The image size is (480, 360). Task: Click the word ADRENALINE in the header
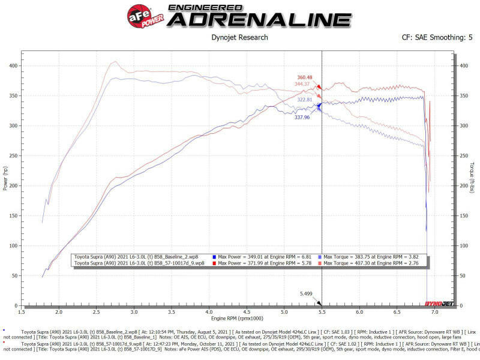point(259,19)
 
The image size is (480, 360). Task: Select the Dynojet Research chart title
point(239,38)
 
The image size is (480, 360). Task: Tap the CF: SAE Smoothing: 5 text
point(437,38)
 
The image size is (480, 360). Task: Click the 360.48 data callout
point(305,77)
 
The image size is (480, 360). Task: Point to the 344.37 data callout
point(305,84)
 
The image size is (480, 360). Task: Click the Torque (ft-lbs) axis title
point(473,178)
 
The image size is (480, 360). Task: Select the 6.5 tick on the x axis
point(397,312)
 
